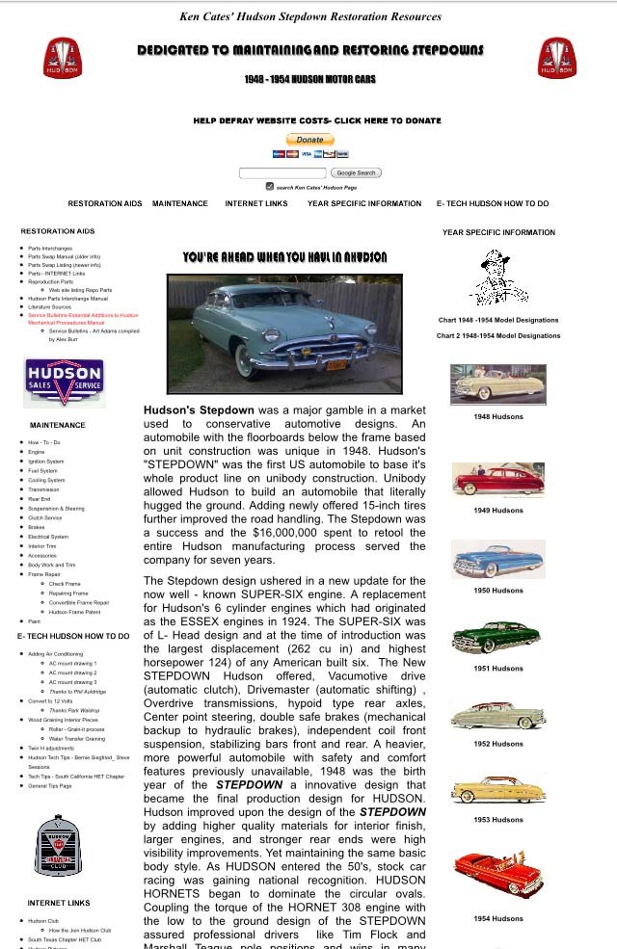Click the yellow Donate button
pos(309,140)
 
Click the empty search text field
pos(282,172)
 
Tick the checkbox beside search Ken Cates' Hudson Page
pos(270,187)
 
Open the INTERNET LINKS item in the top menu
pos(256,204)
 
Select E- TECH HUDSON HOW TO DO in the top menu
pos(492,204)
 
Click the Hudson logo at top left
pos(63,58)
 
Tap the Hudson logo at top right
pos(557,58)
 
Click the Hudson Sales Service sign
pos(65,382)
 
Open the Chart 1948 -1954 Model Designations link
pos(498,320)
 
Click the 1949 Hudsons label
pos(498,511)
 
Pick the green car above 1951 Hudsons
pos(498,637)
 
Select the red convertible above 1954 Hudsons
pos(498,874)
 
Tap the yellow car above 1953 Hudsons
pos(498,790)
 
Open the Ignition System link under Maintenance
pos(46,461)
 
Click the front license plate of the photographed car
pos(335,365)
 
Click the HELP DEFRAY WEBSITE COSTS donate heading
pos(317,121)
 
